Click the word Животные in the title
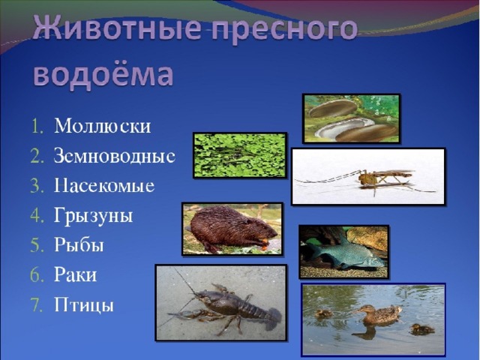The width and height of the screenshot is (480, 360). pyautogui.click(x=116, y=28)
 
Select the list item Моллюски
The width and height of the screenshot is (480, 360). pyautogui.click(x=103, y=125)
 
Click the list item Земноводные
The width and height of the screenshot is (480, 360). pyautogui.click(x=115, y=155)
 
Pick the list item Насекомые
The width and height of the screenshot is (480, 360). pyautogui.click(x=104, y=185)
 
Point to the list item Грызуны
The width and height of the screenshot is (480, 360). pyautogui.click(x=93, y=216)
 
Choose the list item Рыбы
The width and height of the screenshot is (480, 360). pyautogui.click(x=79, y=245)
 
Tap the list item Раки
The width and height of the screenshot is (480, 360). pyautogui.click(x=75, y=274)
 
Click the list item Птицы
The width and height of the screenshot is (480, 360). pyautogui.click(x=84, y=305)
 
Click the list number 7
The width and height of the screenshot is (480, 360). pyautogui.click(x=37, y=305)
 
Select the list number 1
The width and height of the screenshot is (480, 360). pyautogui.click(x=37, y=126)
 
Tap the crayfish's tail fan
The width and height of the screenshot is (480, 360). pyautogui.click(x=273, y=318)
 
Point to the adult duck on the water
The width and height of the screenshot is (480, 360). pyautogui.click(x=377, y=314)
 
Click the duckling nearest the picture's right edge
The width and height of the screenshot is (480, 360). pyautogui.click(x=421, y=329)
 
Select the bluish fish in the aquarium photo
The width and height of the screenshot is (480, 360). pyautogui.click(x=344, y=253)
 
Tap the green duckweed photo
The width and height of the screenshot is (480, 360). pyautogui.click(x=240, y=155)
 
